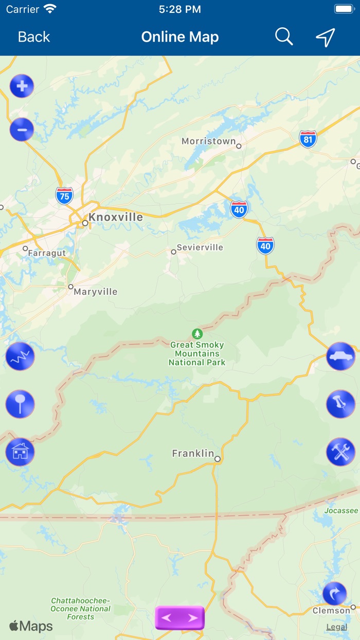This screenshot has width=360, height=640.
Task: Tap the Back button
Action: coord(34,37)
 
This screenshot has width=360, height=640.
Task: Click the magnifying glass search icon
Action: coord(284,37)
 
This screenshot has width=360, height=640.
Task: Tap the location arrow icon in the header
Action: coord(326,37)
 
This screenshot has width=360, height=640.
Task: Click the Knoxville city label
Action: coord(116,217)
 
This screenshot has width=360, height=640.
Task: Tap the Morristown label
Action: coord(209,141)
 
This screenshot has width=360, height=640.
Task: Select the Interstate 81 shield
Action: coord(308,139)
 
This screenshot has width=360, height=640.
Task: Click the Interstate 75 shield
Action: coord(64,195)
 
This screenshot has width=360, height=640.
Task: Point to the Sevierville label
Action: coord(200,247)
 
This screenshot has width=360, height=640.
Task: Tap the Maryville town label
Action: coord(96,292)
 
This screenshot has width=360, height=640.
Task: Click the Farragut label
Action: coord(47,253)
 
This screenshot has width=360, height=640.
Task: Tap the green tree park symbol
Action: coord(197,334)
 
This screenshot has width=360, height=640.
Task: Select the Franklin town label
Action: coord(193,453)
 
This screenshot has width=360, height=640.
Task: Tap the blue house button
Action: coord(20,452)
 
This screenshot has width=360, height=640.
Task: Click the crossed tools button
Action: coord(340,452)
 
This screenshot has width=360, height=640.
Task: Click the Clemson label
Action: coord(331,611)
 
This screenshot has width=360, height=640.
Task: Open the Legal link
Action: coord(337,627)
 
